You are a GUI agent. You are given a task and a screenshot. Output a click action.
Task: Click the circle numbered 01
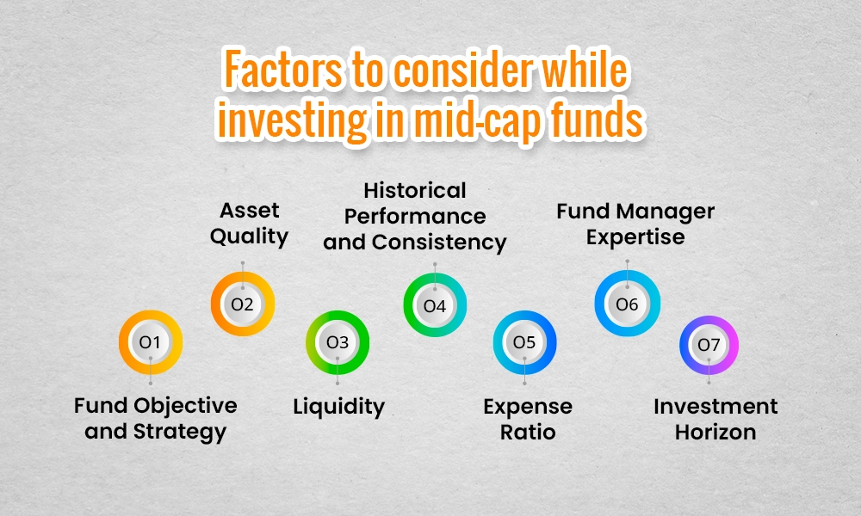tap(151, 342)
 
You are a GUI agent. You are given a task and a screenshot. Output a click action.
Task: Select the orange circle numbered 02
tap(243, 303)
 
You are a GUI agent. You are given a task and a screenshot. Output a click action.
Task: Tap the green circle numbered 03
tap(338, 342)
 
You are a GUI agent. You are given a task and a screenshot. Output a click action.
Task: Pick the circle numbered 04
tap(435, 305)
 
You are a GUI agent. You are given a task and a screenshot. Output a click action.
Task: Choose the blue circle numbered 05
tap(524, 342)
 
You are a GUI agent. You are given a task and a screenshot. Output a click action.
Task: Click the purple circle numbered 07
tap(709, 345)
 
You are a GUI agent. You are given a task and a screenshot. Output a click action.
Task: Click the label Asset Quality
tap(249, 223)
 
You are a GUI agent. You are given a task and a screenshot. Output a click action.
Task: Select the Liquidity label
tap(338, 406)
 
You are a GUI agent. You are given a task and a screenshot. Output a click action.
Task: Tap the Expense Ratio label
tap(528, 418)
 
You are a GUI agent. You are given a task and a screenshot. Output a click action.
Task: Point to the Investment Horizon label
tap(715, 418)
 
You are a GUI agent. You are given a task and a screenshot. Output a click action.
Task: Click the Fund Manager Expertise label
tap(635, 223)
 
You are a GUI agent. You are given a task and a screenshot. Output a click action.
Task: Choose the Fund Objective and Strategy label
tap(155, 418)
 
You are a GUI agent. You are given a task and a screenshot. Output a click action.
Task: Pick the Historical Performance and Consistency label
tap(414, 216)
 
